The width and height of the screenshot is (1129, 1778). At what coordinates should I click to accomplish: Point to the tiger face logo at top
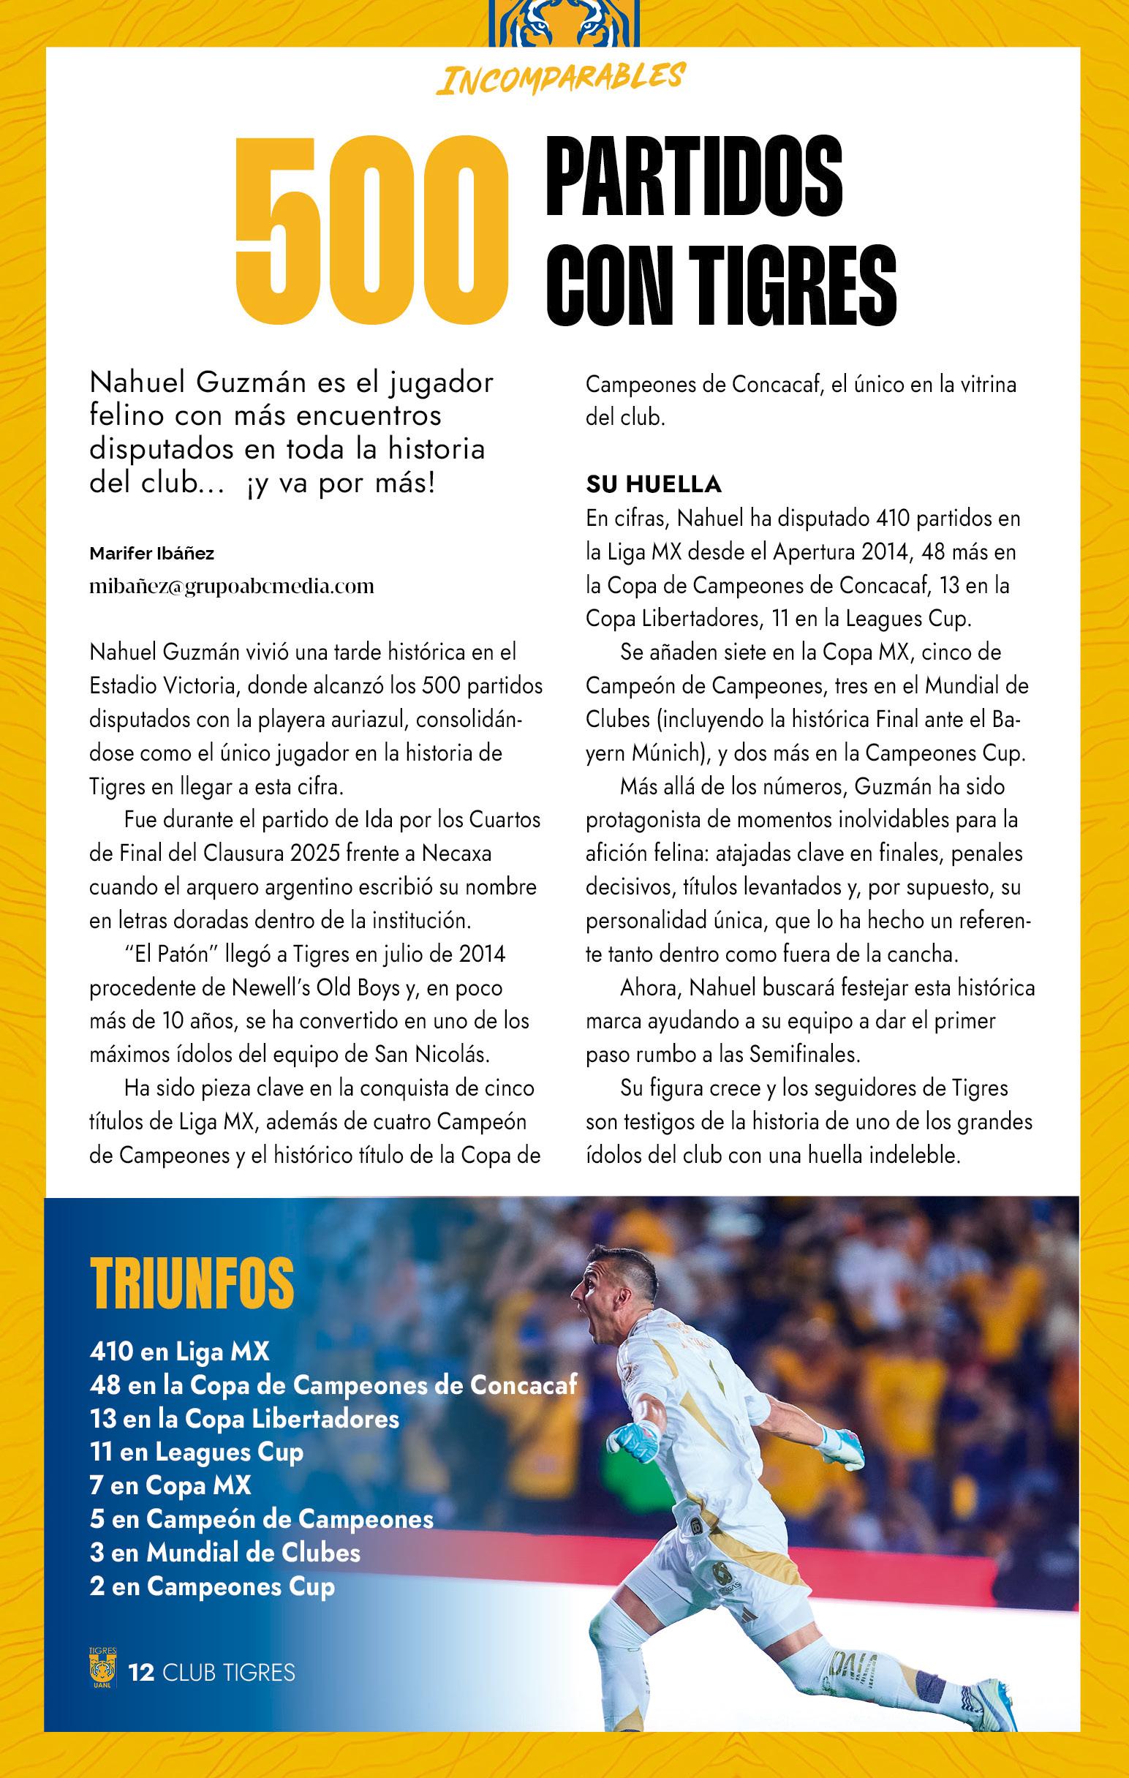pos(564,22)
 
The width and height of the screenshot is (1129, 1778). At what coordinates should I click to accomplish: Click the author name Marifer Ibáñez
pos(152,553)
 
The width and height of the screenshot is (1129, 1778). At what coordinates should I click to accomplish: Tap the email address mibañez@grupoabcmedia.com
pos(231,587)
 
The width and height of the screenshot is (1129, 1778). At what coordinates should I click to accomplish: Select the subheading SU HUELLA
pos(654,484)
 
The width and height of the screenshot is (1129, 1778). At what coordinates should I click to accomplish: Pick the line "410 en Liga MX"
pos(179,1351)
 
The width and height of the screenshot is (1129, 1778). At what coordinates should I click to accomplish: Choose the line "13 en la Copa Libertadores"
pos(243,1418)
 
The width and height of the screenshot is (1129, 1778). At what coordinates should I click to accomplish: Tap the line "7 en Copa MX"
pos(170,1485)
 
